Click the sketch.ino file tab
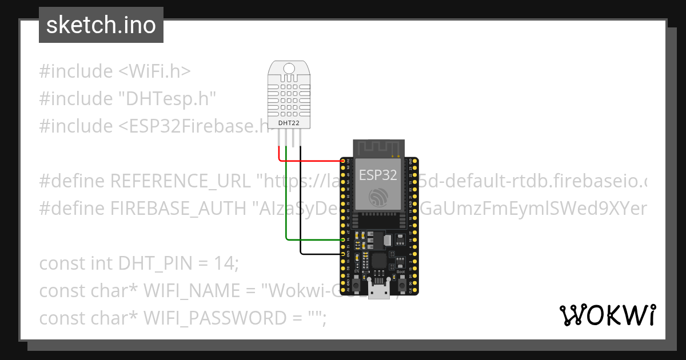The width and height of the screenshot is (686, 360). [x=101, y=25]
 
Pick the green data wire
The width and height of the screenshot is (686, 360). [x=287, y=217]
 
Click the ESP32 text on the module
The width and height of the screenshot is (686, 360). [x=378, y=174]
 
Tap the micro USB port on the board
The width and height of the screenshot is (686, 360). [x=377, y=291]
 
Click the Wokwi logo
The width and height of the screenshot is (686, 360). [x=607, y=315]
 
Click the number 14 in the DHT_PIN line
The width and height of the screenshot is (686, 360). [x=225, y=263]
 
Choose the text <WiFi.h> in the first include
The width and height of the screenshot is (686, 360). [x=154, y=71]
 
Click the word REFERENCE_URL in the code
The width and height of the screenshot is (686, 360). [x=180, y=181]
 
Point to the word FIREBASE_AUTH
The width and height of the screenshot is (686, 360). [x=178, y=209]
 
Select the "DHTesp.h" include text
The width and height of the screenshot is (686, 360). [x=167, y=99]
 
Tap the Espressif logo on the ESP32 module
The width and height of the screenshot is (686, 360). [x=378, y=197]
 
